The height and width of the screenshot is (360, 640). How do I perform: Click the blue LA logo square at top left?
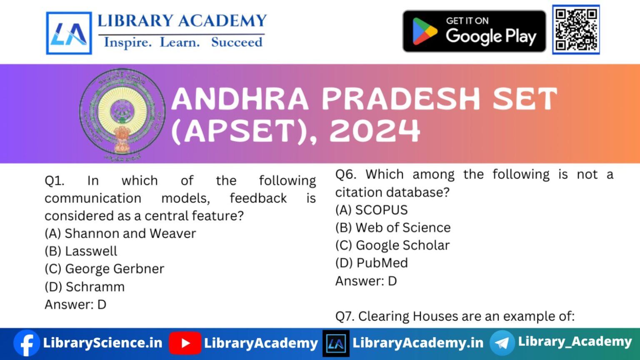point(69,33)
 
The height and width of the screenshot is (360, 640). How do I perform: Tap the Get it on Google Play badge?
point(474,32)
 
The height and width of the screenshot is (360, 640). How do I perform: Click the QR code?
point(576,30)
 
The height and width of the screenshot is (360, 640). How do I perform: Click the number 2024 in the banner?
point(375,131)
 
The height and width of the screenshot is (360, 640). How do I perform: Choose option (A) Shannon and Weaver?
point(120,233)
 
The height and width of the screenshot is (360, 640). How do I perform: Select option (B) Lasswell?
point(81,251)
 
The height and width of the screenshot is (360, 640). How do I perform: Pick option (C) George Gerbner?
point(104,269)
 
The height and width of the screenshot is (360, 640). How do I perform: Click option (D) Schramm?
point(85,287)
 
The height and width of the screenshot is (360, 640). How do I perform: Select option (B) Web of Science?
point(392,227)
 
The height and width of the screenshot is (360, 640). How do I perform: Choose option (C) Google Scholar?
point(392,245)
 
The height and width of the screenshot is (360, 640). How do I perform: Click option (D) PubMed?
point(371,263)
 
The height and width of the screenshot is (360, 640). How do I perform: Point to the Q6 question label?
point(346,174)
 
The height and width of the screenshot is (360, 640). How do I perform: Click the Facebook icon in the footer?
point(27,343)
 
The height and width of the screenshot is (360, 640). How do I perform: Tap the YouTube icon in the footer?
point(185,343)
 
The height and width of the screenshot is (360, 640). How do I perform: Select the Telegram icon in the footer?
point(502,342)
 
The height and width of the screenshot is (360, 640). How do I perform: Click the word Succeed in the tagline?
point(237,42)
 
